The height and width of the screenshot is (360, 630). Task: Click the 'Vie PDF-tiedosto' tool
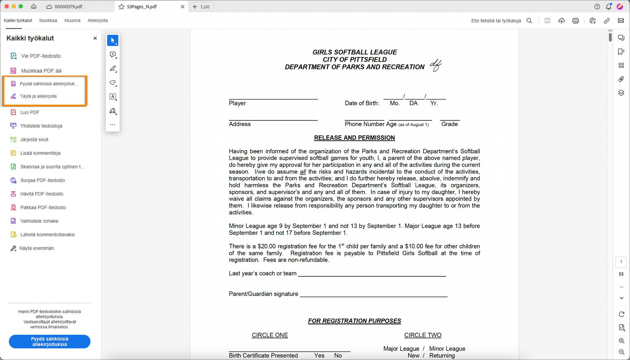pos(41,56)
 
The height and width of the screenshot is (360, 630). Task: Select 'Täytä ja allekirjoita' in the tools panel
pos(38,96)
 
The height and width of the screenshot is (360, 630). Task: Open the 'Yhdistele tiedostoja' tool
pos(41,126)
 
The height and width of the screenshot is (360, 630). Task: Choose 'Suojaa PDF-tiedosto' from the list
pos(42,180)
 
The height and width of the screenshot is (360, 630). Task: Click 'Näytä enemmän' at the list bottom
pos(36,248)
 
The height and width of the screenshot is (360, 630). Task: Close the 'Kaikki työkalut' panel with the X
pos(95,38)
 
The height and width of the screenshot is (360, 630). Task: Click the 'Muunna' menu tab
pos(72,20)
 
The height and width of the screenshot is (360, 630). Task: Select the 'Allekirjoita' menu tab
pos(97,20)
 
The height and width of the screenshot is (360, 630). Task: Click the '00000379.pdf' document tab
pos(68,7)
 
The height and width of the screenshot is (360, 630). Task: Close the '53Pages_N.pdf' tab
pos(183,7)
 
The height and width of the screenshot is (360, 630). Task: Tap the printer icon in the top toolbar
pos(576,21)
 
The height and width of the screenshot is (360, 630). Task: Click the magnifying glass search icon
pos(529,21)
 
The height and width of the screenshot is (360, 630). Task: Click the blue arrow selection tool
pos(113,40)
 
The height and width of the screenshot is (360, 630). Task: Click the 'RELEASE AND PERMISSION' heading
pos(354,138)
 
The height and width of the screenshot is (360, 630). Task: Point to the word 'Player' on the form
pos(237,103)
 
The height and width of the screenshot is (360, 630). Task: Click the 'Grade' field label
pos(450,124)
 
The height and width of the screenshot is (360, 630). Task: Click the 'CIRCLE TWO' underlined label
pos(423,335)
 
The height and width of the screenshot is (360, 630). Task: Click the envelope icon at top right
pos(621,21)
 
